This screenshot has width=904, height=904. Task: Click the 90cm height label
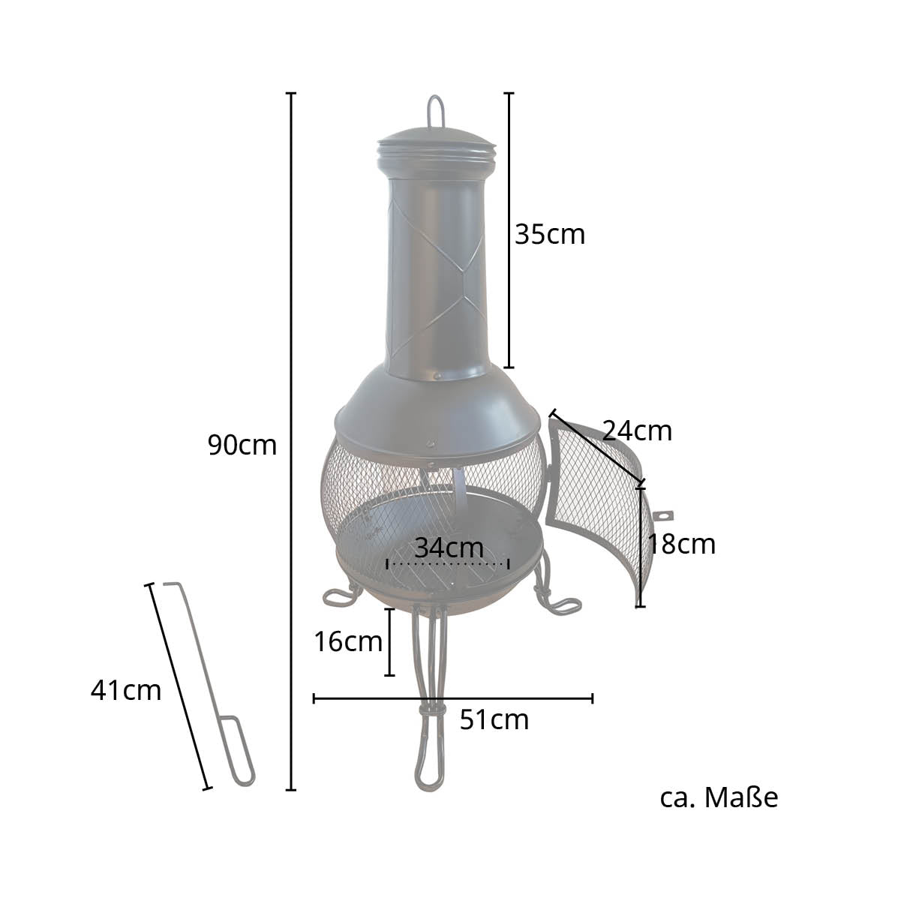click(242, 445)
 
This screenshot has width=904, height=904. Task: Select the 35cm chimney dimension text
click(550, 234)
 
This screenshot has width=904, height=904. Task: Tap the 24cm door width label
click(637, 431)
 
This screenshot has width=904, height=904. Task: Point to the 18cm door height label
click(681, 545)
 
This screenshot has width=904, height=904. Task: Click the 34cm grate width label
click(449, 548)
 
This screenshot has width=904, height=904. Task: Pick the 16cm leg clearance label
click(348, 641)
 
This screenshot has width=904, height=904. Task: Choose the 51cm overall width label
click(494, 719)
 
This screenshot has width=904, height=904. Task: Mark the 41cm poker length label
click(126, 690)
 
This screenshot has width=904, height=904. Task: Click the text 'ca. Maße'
click(719, 797)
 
